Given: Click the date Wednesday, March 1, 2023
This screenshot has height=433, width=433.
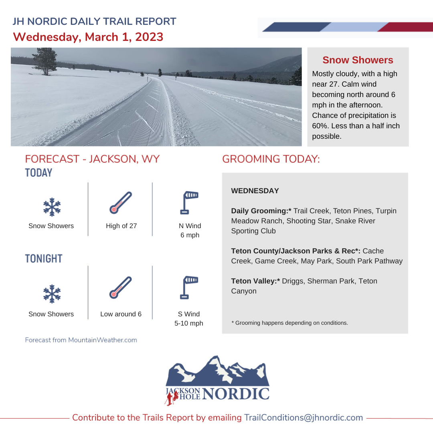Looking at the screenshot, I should (x=88, y=37).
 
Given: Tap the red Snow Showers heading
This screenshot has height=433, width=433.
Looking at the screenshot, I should (x=358, y=60).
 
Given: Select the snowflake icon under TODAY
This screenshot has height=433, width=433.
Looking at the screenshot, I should (x=52, y=207).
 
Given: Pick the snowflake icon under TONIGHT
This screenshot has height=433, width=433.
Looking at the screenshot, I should (x=52, y=293).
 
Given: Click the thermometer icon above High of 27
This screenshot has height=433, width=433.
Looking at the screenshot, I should (x=121, y=202).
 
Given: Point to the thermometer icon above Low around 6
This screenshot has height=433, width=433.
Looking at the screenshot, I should (x=121, y=287).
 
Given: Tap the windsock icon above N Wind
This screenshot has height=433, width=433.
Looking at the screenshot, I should (x=190, y=202).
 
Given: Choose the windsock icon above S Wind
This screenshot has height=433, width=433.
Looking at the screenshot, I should (x=190, y=287).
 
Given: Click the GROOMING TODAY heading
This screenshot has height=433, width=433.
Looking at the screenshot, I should (x=271, y=159).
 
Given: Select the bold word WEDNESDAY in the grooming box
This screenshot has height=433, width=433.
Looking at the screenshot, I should (x=255, y=191).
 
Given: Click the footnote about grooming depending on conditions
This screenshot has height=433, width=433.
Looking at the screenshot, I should (x=289, y=322).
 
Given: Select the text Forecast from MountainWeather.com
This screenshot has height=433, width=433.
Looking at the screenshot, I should (x=81, y=340).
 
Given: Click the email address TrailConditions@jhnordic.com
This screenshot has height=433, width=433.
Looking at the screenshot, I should (x=304, y=417).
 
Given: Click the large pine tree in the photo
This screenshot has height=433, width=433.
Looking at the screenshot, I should (x=45, y=61).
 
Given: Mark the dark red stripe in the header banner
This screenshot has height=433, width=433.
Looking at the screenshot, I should (x=405, y=27).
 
